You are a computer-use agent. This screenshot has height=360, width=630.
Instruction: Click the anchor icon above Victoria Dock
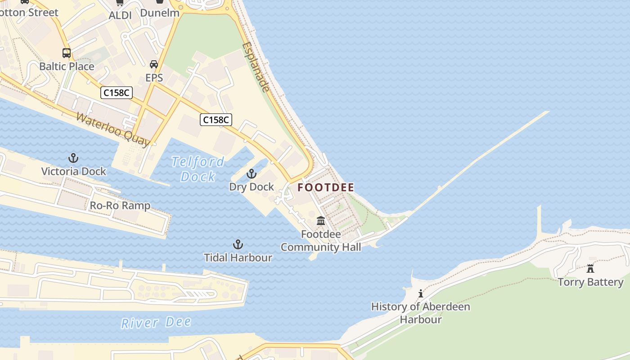(x=73, y=158)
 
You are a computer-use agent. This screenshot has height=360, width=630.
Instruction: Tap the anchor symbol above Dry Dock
(x=251, y=174)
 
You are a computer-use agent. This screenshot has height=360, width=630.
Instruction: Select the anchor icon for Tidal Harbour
(x=238, y=244)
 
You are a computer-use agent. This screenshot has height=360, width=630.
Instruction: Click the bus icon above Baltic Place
(x=67, y=53)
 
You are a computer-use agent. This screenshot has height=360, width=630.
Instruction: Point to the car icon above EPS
(x=154, y=64)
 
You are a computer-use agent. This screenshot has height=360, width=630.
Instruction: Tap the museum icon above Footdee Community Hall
(x=321, y=220)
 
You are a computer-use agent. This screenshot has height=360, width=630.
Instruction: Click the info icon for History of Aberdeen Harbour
(x=421, y=294)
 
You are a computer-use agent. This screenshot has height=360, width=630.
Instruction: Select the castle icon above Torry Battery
(x=590, y=269)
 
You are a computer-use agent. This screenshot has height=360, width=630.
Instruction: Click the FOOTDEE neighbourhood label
(x=326, y=188)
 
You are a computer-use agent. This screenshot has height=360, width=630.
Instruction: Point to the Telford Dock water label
(x=198, y=169)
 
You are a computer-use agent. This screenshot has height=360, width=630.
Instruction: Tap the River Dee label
(x=156, y=323)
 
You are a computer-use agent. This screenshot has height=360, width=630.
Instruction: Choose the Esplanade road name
(x=256, y=67)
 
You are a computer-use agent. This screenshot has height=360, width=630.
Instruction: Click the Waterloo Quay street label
(x=112, y=129)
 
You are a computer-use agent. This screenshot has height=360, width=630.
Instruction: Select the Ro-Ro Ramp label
(x=120, y=206)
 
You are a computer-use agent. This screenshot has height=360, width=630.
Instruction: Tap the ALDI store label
(x=120, y=15)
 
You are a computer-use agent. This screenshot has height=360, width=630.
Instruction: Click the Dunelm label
(x=160, y=13)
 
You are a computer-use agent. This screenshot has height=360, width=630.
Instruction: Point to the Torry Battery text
(x=590, y=282)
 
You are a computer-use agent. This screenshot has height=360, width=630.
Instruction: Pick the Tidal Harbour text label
(x=238, y=258)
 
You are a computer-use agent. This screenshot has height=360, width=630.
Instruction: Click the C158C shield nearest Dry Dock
(x=216, y=120)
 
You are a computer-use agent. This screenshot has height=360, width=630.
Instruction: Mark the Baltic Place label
(x=67, y=67)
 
